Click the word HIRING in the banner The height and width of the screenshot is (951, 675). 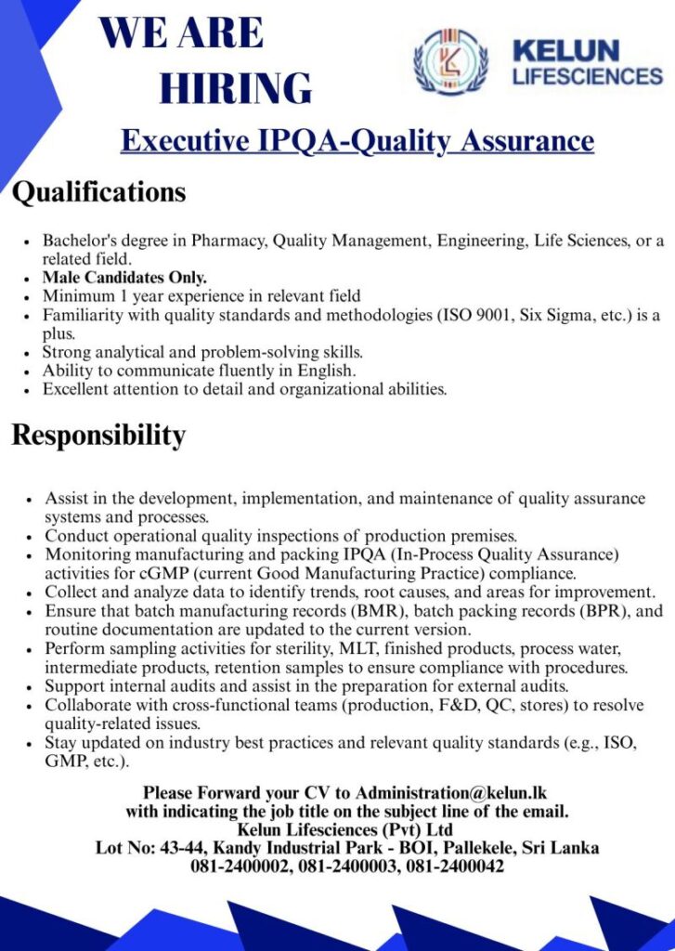(236, 87)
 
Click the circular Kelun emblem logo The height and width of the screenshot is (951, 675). (450, 61)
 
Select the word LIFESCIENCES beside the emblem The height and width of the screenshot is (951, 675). (587, 76)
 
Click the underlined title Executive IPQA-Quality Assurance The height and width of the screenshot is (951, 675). (357, 140)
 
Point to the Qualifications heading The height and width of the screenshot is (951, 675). (98, 192)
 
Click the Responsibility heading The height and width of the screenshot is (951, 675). (98, 435)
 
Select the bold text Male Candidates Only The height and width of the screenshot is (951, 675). (124, 278)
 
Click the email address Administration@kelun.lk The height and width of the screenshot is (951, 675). (451, 793)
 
